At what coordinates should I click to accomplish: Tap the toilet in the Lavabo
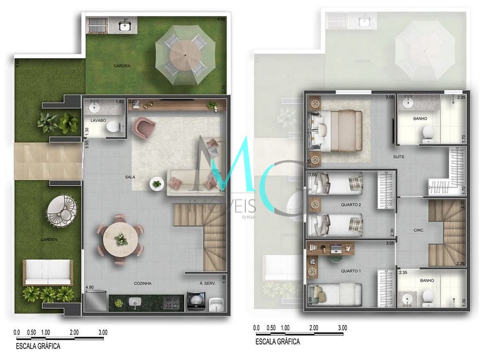113,128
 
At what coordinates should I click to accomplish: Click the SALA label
130,177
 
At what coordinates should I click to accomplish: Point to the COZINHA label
143,283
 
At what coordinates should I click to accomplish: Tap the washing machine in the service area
196,301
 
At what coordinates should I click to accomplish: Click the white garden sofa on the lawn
48,273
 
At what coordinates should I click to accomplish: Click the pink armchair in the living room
145,128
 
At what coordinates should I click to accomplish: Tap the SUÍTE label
399,157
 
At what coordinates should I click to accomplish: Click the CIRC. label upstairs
419,230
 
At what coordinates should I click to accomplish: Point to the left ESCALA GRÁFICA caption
38,346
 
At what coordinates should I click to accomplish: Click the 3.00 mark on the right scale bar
343,328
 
